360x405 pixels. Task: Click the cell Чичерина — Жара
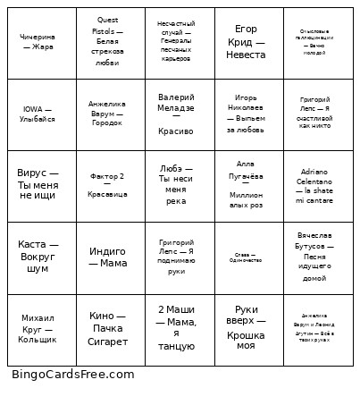pos(38,42)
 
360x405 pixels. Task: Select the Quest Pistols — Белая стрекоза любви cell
pos(107,42)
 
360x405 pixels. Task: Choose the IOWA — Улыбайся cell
pos(38,114)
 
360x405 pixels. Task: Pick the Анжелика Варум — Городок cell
pos(107,114)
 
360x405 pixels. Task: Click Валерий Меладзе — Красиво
pos(176,114)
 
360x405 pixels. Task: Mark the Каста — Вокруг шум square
pos(38,257)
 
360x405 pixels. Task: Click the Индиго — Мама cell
pos(107,257)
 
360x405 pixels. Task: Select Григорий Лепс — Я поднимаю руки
pos(176,257)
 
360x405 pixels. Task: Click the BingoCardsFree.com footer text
pos(73,375)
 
